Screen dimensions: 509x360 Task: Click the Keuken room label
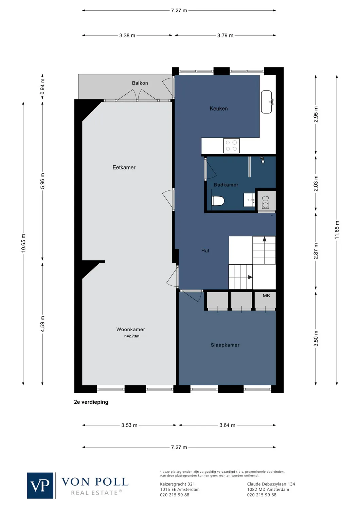[x=219, y=109]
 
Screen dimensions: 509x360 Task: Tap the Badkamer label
[x=226, y=185]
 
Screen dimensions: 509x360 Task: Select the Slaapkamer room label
[x=225, y=345]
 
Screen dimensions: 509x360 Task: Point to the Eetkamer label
[x=124, y=168]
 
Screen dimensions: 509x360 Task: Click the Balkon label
[x=140, y=83]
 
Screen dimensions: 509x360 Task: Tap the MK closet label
[x=266, y=296]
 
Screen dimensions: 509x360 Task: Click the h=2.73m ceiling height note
[x=132, y=336]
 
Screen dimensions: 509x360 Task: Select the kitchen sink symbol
[x=267, y=102]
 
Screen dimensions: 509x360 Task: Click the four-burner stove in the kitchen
[x=231, y=146]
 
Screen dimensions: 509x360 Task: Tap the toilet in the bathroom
[x=218, y=201]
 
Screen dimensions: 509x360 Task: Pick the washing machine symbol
[x=266, y=203]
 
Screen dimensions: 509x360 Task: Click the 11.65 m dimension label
[x=337, y=230]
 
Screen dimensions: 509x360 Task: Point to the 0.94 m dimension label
[x=42, y=87]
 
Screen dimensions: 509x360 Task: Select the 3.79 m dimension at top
[x=225, y=35]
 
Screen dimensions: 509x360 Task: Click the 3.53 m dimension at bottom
[x=129, y=425]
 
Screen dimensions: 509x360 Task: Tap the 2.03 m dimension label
[x=316, y=184]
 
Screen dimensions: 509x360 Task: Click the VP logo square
[x=40, y=486]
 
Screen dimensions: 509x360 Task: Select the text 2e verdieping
[x=91, y=402]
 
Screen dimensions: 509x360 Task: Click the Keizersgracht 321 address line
[x=178, y=484]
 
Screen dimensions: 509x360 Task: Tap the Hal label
[x=205, y=251]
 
